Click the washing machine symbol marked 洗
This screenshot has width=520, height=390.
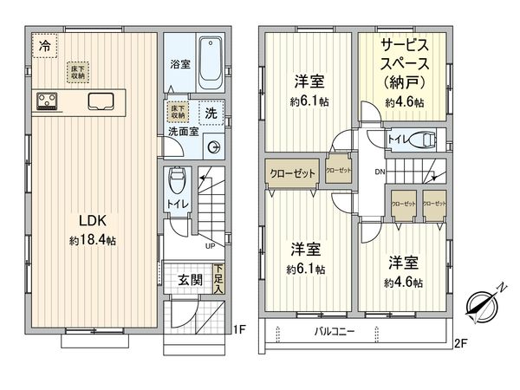(x=211, y=113)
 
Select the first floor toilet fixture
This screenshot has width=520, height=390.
(x=177, y=181)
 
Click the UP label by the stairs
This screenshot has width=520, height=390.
(x=210, y=246)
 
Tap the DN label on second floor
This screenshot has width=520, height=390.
(x=379, y=172)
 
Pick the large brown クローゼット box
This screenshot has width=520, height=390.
(x=293, y=172)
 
